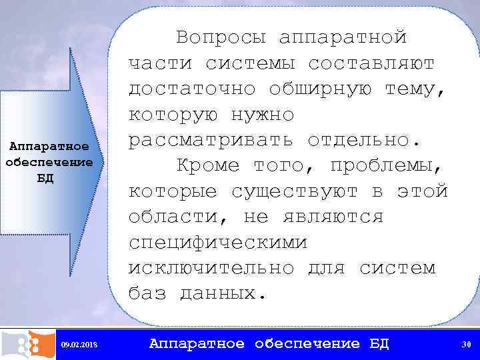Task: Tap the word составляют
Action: (371, 63)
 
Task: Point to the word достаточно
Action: (192, 89)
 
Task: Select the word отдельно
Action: (365, 141)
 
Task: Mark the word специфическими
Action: (217, 243)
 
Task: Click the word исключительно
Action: (211, 269)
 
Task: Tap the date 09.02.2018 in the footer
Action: (79, 345)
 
